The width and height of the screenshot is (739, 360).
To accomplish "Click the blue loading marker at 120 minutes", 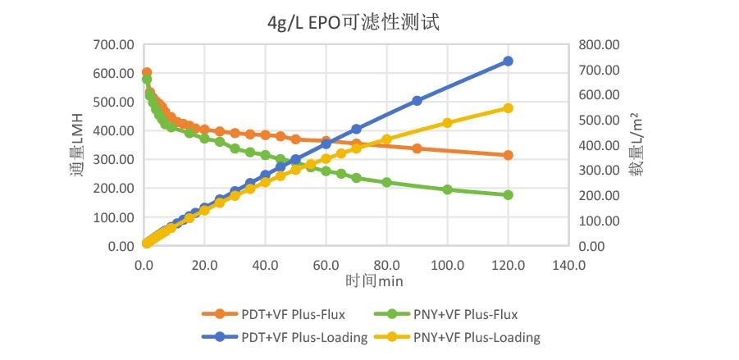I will pyautogui.click(x=508, y=62).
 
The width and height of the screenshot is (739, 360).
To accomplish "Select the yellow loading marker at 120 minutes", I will pyautogui.click(x=508, y=108).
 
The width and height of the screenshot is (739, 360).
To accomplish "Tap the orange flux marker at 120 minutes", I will pyautogui.click(x=508, y=155).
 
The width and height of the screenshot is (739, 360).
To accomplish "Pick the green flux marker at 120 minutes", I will pyautogui.click(x=508, y=195).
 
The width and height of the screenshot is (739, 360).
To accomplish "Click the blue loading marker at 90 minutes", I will pyautogui.click(x=417, y=101).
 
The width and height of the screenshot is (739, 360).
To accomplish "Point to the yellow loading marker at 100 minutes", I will pyautogui.click(x=447, y=123).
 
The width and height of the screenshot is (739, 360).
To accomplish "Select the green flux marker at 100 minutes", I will pyautogui.click(x=447, y=189).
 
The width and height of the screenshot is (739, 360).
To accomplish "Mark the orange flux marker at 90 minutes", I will pyautogui.click(x=417, y=148).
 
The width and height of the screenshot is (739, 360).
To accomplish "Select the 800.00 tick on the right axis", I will pyautogui.click(x=602, y=44).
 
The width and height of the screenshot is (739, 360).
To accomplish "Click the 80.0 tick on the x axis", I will pyautogui.click(x=386, y=265).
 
